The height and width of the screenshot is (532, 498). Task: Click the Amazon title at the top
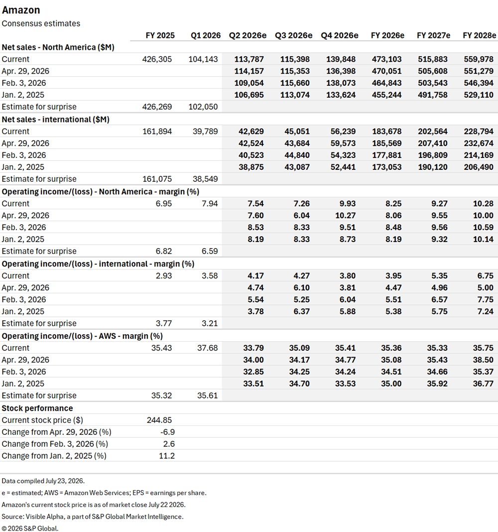[21, 10]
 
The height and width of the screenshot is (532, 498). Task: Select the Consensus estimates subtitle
[41, 23]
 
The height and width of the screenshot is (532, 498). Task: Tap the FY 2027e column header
[434, 36]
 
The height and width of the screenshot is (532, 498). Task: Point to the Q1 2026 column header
[206, 36]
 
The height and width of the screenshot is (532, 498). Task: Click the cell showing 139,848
[341, 59]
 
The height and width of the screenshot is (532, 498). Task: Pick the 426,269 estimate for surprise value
[157, 107]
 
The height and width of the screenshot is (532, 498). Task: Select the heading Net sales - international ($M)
[56, 120]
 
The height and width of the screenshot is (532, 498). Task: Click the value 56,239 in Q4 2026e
[343, 132]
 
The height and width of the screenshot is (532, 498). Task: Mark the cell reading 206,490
[479, 167]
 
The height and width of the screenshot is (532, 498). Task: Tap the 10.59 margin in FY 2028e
[484, 228]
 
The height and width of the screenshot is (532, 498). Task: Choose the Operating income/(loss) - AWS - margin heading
[83, 336]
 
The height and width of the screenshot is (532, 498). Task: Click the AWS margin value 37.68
[208, 348]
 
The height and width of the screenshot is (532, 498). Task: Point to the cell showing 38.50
[484, 360]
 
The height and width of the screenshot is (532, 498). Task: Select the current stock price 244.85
[159, 420]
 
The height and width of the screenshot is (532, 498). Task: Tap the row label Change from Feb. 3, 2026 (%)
[55, 444]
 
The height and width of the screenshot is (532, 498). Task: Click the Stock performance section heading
[37, 408]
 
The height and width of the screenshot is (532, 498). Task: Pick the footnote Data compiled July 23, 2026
[43, 481]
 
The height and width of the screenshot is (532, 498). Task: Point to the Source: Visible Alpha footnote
[93, 517]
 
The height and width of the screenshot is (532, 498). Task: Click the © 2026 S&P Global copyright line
[30, 529]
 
